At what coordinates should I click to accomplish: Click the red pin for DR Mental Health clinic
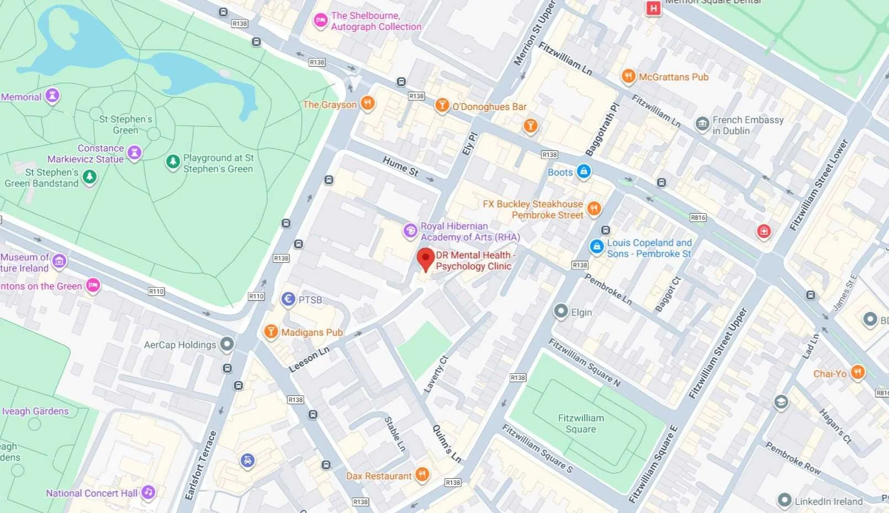[425, 258]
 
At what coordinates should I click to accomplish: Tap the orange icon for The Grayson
[368, 103]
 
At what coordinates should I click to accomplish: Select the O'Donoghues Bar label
[489, 107]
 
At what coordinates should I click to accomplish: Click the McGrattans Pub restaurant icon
[628, 76]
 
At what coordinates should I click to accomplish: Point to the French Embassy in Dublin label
[748, 125]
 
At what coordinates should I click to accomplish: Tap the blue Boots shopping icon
[584, 171]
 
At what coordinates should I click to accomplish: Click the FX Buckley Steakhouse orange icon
[594, 208]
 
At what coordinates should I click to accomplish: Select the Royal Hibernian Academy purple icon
[410, 230]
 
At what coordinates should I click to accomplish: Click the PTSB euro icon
[288, 299]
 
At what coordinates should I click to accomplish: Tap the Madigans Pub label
[312, 332]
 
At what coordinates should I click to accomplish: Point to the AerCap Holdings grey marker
[227, 344]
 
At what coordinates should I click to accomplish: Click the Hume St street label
[400, 166]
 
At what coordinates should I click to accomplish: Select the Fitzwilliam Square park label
[581, 424]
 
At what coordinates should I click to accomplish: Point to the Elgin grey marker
[560, 311]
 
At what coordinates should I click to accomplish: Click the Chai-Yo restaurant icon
[857, 372]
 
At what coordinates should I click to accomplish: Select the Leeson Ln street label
[309, 359]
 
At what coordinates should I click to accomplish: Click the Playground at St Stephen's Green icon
[173, 162]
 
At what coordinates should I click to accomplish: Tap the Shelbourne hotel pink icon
[320, 20]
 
